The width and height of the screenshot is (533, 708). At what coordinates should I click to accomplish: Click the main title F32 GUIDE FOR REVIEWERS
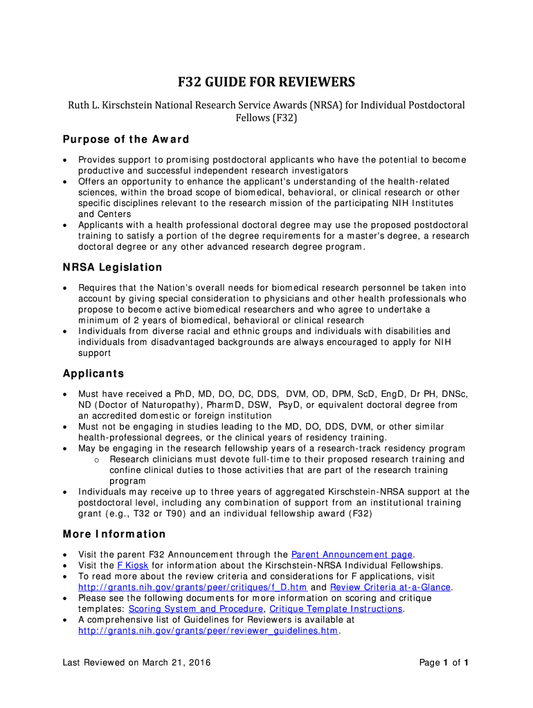[x=266, y=83]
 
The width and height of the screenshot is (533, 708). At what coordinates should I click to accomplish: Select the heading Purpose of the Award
[x=125, y=139]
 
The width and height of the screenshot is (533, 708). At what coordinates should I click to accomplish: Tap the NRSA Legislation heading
[x=112, y=267]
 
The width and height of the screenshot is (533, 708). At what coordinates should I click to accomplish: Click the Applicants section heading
[x=93, y=373]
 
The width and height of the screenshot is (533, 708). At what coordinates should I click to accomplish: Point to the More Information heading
[x=114, y=534]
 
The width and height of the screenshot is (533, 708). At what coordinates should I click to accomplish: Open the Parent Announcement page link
[x=352, y=555]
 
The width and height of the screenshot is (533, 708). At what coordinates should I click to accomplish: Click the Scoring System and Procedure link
[x=196, y=609]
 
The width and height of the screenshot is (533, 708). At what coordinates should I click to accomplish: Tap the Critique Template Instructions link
[x=336, y=609]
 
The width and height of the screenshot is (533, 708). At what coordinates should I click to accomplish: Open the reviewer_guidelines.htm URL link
[x=208, y=631]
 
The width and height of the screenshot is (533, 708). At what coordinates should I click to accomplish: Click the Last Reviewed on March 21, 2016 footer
[x=136, y=663]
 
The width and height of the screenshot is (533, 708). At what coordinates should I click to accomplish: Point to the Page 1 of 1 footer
[x=444, y=663]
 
